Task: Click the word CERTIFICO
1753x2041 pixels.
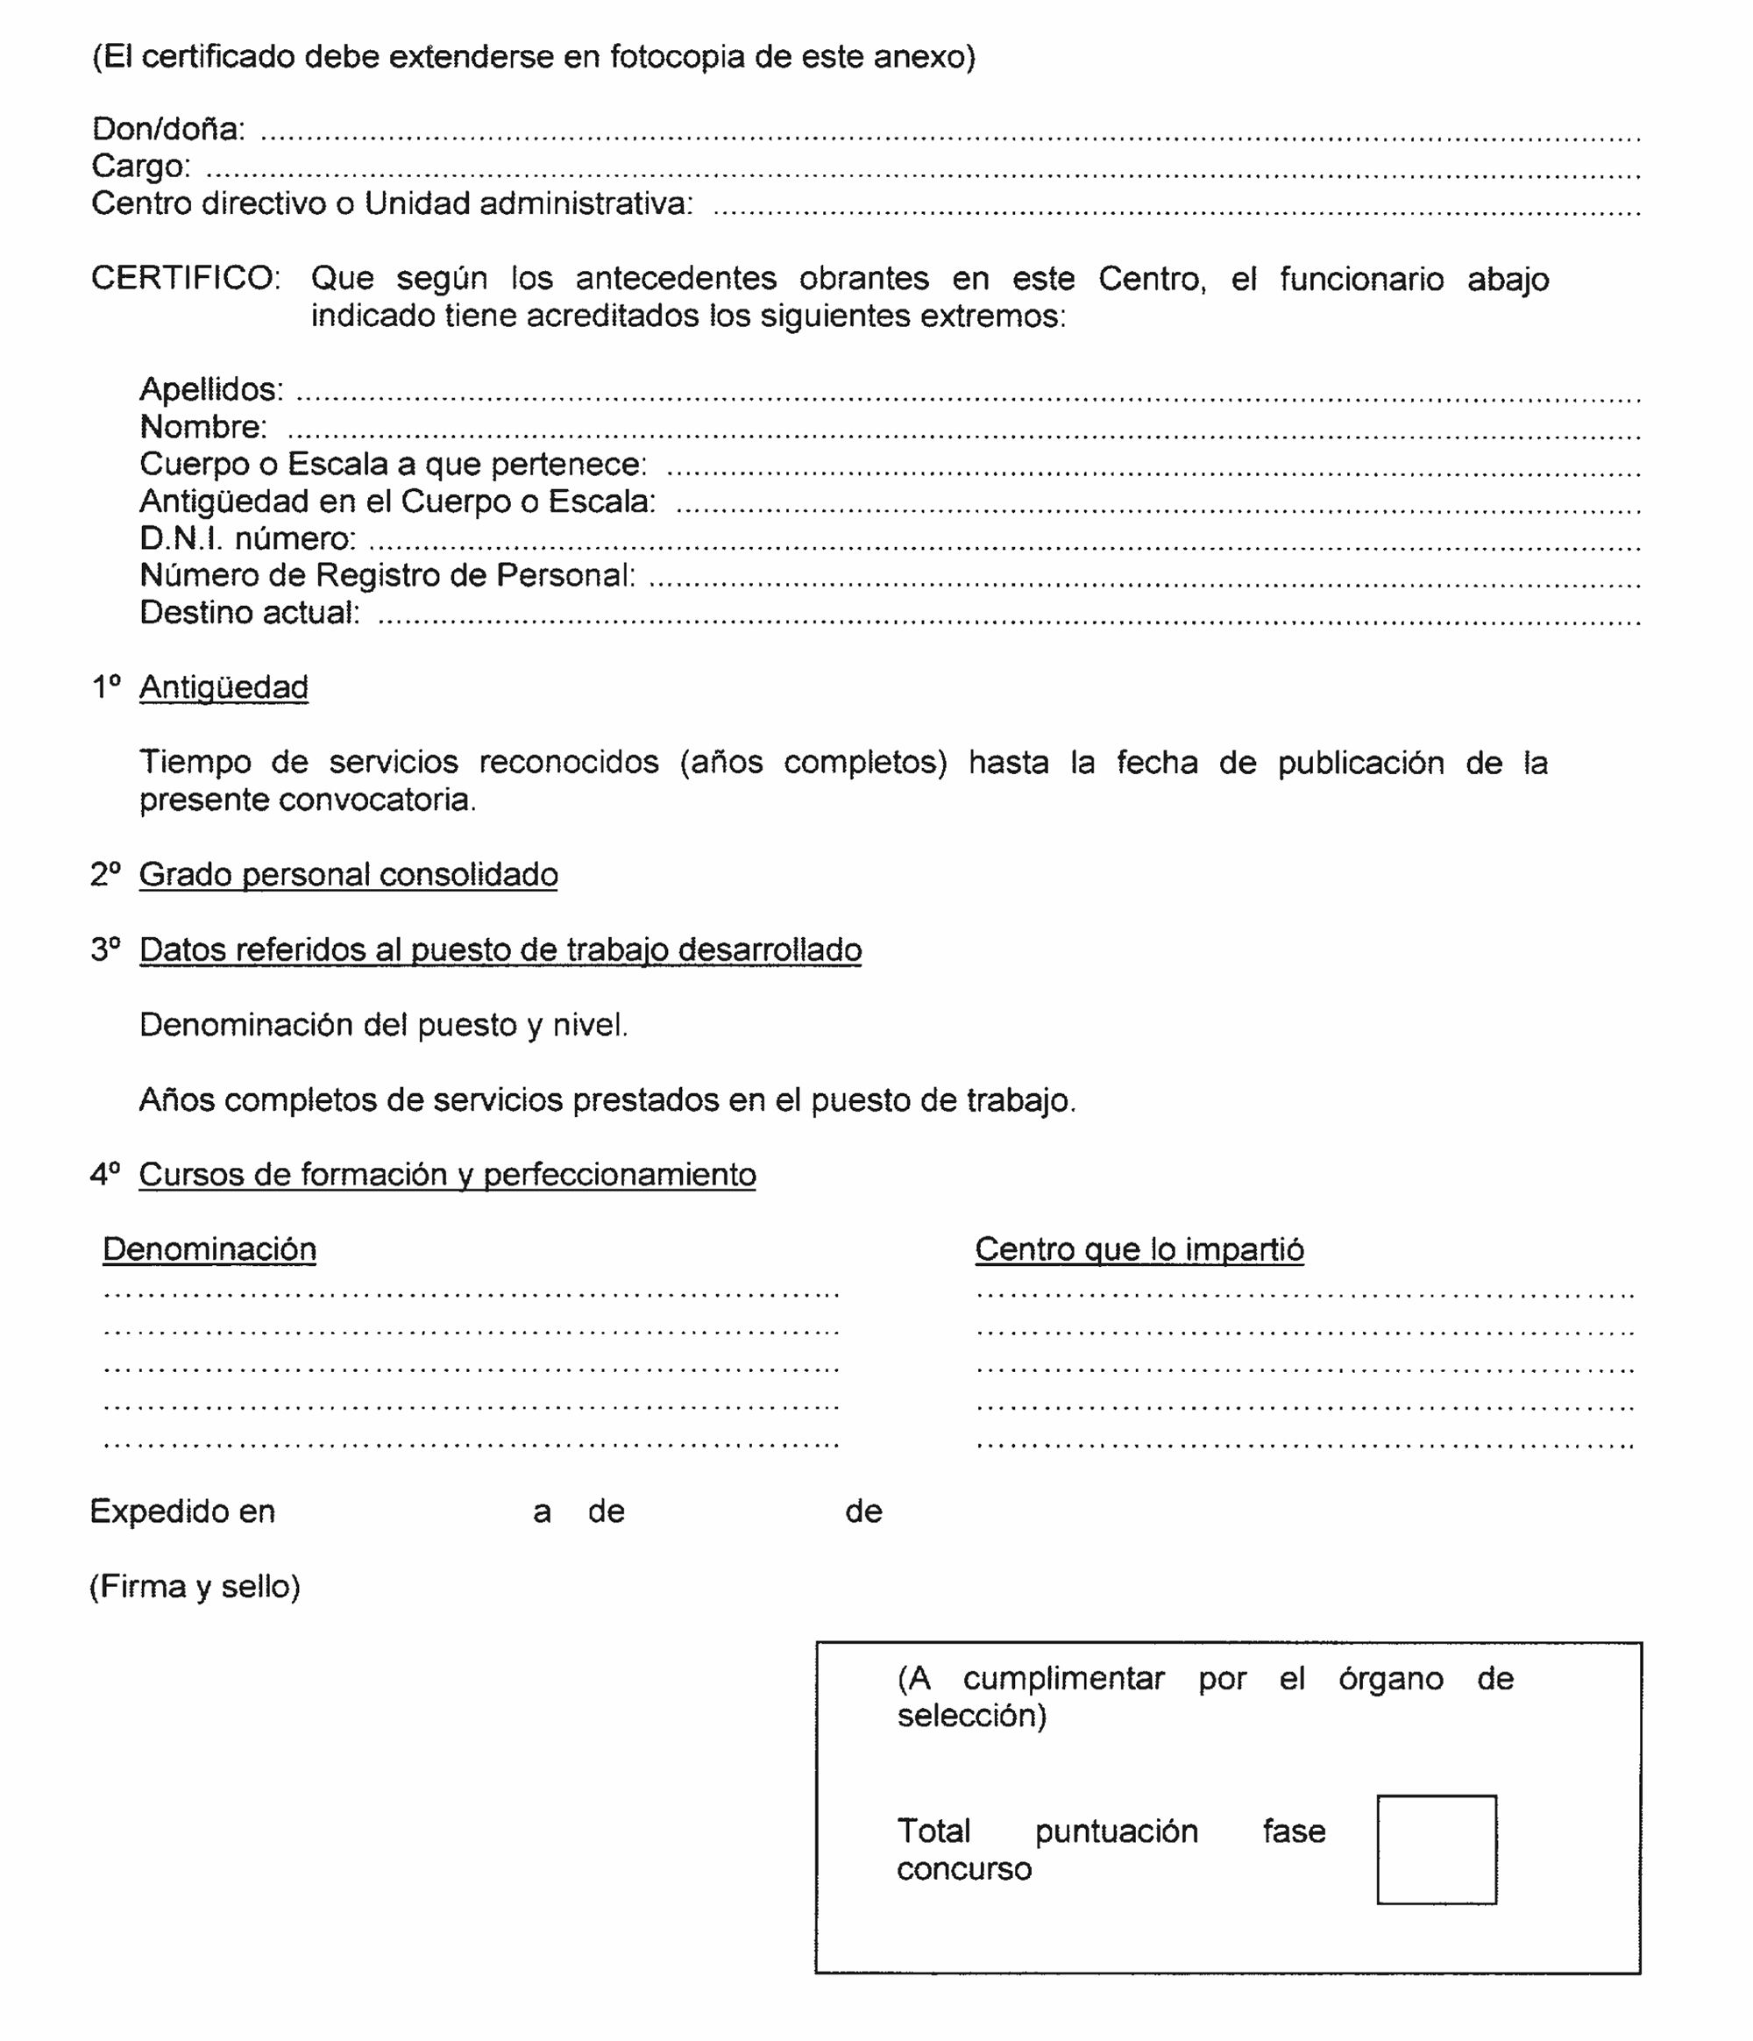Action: (184, 278)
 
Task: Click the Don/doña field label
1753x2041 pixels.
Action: (167, 129)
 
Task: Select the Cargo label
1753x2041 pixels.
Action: (140, 166)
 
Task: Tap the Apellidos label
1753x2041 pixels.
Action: (210, 389)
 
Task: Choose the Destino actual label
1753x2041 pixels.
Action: (249, 613)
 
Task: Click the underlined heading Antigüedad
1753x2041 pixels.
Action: (223, 686)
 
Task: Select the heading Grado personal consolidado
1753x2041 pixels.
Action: (348, 875)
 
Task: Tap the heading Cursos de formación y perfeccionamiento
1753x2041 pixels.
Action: (446, 1174)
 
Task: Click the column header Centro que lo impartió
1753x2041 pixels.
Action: (1139, 1249)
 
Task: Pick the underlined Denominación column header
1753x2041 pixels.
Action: (209, 1249)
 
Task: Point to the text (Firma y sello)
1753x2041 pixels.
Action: (194, 1587)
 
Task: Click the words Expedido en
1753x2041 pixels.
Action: (182, 1511)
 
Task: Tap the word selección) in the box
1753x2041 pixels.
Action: (970, 1716)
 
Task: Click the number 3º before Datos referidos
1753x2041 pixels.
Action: (104, 949)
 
